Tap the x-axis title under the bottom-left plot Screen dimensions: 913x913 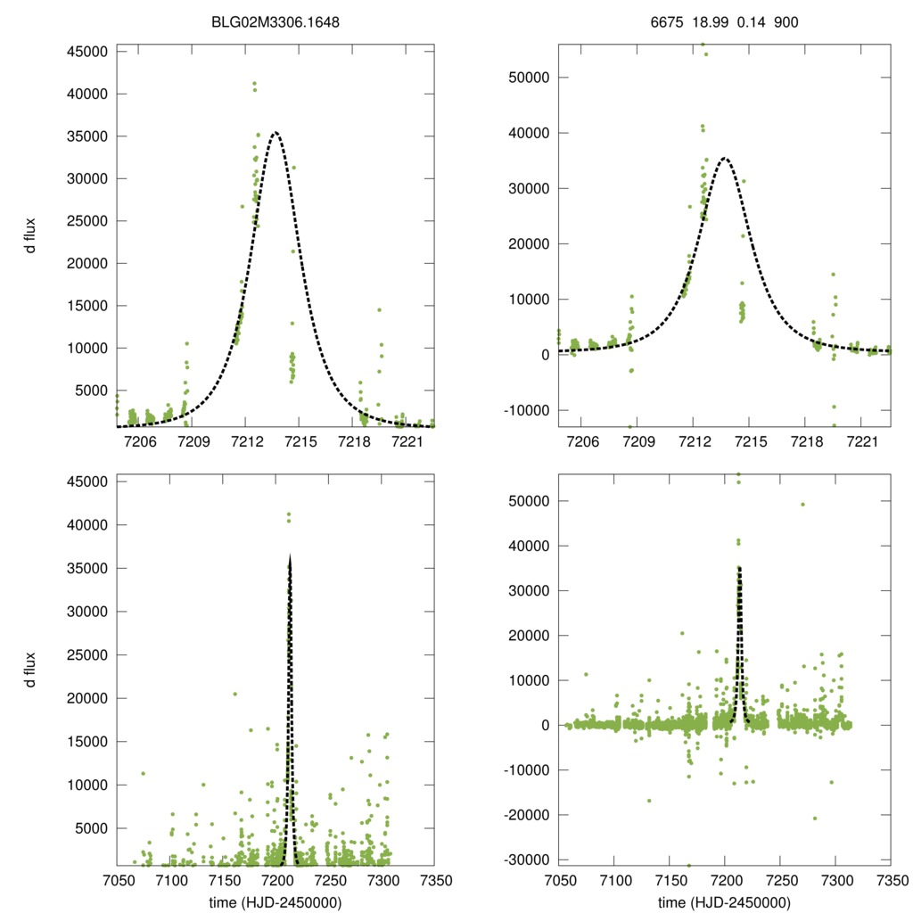pyautogui.click(x=276, y=902)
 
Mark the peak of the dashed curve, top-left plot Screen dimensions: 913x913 pyautogui.click(x=276, y=133)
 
